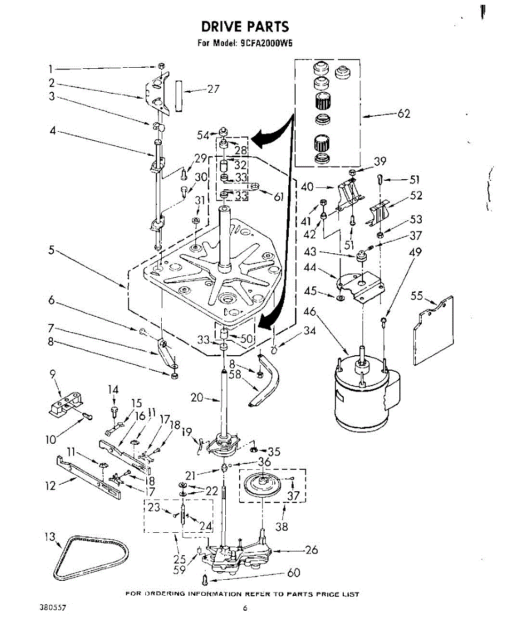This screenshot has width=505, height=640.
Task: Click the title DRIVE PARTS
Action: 245,27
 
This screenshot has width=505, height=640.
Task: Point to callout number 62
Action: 404,113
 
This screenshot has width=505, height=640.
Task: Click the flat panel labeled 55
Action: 433,331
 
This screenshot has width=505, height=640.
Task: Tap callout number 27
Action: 213,89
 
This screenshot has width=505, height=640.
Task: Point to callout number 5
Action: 51,250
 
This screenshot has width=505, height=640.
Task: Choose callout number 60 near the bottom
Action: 293,573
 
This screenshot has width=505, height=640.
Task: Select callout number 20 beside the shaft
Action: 197,397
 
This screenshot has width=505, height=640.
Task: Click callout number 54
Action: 202,135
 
